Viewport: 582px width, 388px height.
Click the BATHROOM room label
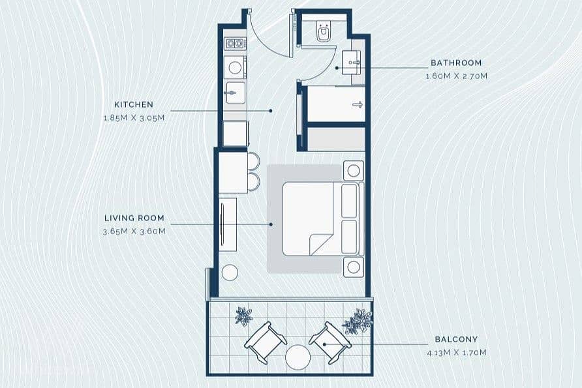tap(456, 63)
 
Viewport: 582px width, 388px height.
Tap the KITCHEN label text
tap(134, 104)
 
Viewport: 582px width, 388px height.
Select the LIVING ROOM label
tap(134, 218)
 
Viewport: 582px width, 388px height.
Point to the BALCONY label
tap(456, 339)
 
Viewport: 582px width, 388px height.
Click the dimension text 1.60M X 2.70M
tap(456, 76)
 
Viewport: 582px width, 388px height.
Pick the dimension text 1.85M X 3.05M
tap(134, 118)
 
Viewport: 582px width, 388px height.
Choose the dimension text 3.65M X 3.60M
tap(134, 231)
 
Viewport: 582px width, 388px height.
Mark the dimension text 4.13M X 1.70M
tap(457, 353)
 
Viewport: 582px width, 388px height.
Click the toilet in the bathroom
tap(324, 31)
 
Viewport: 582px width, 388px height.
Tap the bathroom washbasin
tap(351, 63)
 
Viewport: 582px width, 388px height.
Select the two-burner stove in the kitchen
tap(235, 44)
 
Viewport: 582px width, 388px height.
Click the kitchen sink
tap(236, 93)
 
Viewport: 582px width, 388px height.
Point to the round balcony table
tap(298, 357)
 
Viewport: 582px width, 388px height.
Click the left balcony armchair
tap(265, 342)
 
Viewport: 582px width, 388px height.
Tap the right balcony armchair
tap(330, 342)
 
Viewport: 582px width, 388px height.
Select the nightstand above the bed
tap(354, 171)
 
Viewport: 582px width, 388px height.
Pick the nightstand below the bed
tap(354, 267)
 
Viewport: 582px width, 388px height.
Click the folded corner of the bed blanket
tap(320, 244)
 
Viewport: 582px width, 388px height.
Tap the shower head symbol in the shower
tap(358, 104)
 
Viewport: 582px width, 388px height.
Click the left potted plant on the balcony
tap(243, 316)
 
